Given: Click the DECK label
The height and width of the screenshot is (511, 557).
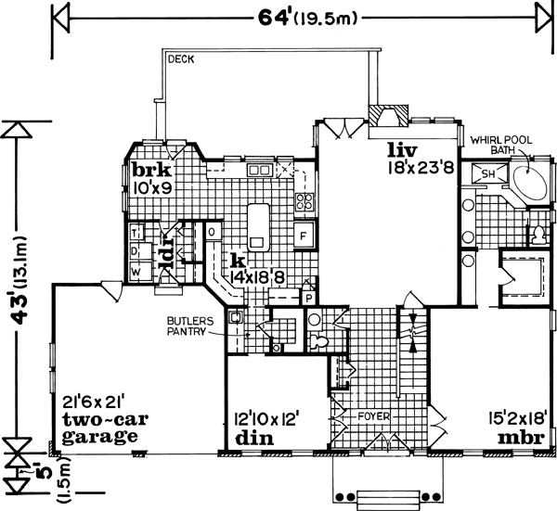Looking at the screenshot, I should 178,60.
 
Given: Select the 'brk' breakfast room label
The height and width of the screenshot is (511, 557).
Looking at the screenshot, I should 149,170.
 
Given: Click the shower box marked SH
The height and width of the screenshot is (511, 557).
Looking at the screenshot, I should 487,172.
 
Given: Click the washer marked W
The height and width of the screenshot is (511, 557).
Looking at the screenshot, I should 136,272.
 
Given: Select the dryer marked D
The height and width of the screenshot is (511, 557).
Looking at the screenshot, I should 136,251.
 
